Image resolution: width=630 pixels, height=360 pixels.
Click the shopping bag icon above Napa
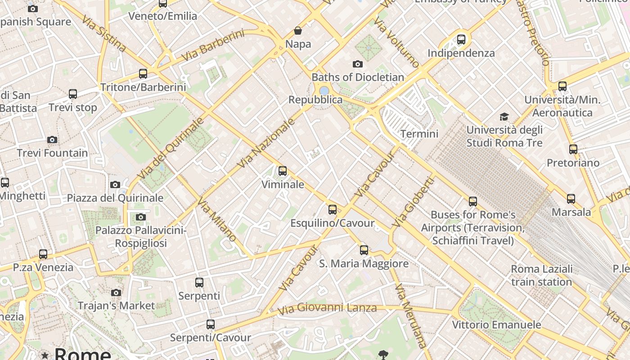pyautogui.click(x=297, y=31)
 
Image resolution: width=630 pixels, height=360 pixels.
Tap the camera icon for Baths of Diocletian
pyautogui.click(x=358, y=64)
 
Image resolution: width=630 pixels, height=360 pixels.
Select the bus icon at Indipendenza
pyautogui.click(x=461, y=40)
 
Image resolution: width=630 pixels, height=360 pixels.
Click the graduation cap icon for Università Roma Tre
pyautogui.click(x=504, y=117)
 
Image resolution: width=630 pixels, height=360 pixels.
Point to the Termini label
pyautogui.click(x=419, y=134)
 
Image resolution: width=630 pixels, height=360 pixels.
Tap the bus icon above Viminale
pyautogui.click(x=283, y=171)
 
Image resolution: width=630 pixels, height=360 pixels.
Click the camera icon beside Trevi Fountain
pyautogui.click(x=52, y=139)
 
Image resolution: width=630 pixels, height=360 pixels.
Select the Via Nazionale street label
pyautogui.click(x=266, y=143)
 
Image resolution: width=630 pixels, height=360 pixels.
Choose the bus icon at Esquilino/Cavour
pyautogui.click(x=333, y=209)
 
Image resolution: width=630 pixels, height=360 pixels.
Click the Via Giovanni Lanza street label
pyautogui.click(x=327, y=309)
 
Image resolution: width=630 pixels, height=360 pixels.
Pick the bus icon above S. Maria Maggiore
pyautogui.click(x=364, y=250)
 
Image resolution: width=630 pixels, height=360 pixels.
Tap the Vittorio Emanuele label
pyautogui.click(x=496, y=324)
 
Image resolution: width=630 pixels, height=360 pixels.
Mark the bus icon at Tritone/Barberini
pyautogui.click(x=143, y=73)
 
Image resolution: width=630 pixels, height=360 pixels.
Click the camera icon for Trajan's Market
pyautogui.click(x=116, y=292)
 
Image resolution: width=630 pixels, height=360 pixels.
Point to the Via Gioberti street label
pyautogui.click(x=413, y=202)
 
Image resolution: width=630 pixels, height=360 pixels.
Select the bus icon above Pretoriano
pyautogui.click(x=573, y=149)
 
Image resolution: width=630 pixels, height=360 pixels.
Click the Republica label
pyautogui.click(x=315, y=99)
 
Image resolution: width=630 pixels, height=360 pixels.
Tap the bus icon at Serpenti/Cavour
pyautogui.click(x=210, y=324)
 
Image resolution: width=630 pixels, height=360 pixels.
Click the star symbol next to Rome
pyautogui.click(x=45, y=355)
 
